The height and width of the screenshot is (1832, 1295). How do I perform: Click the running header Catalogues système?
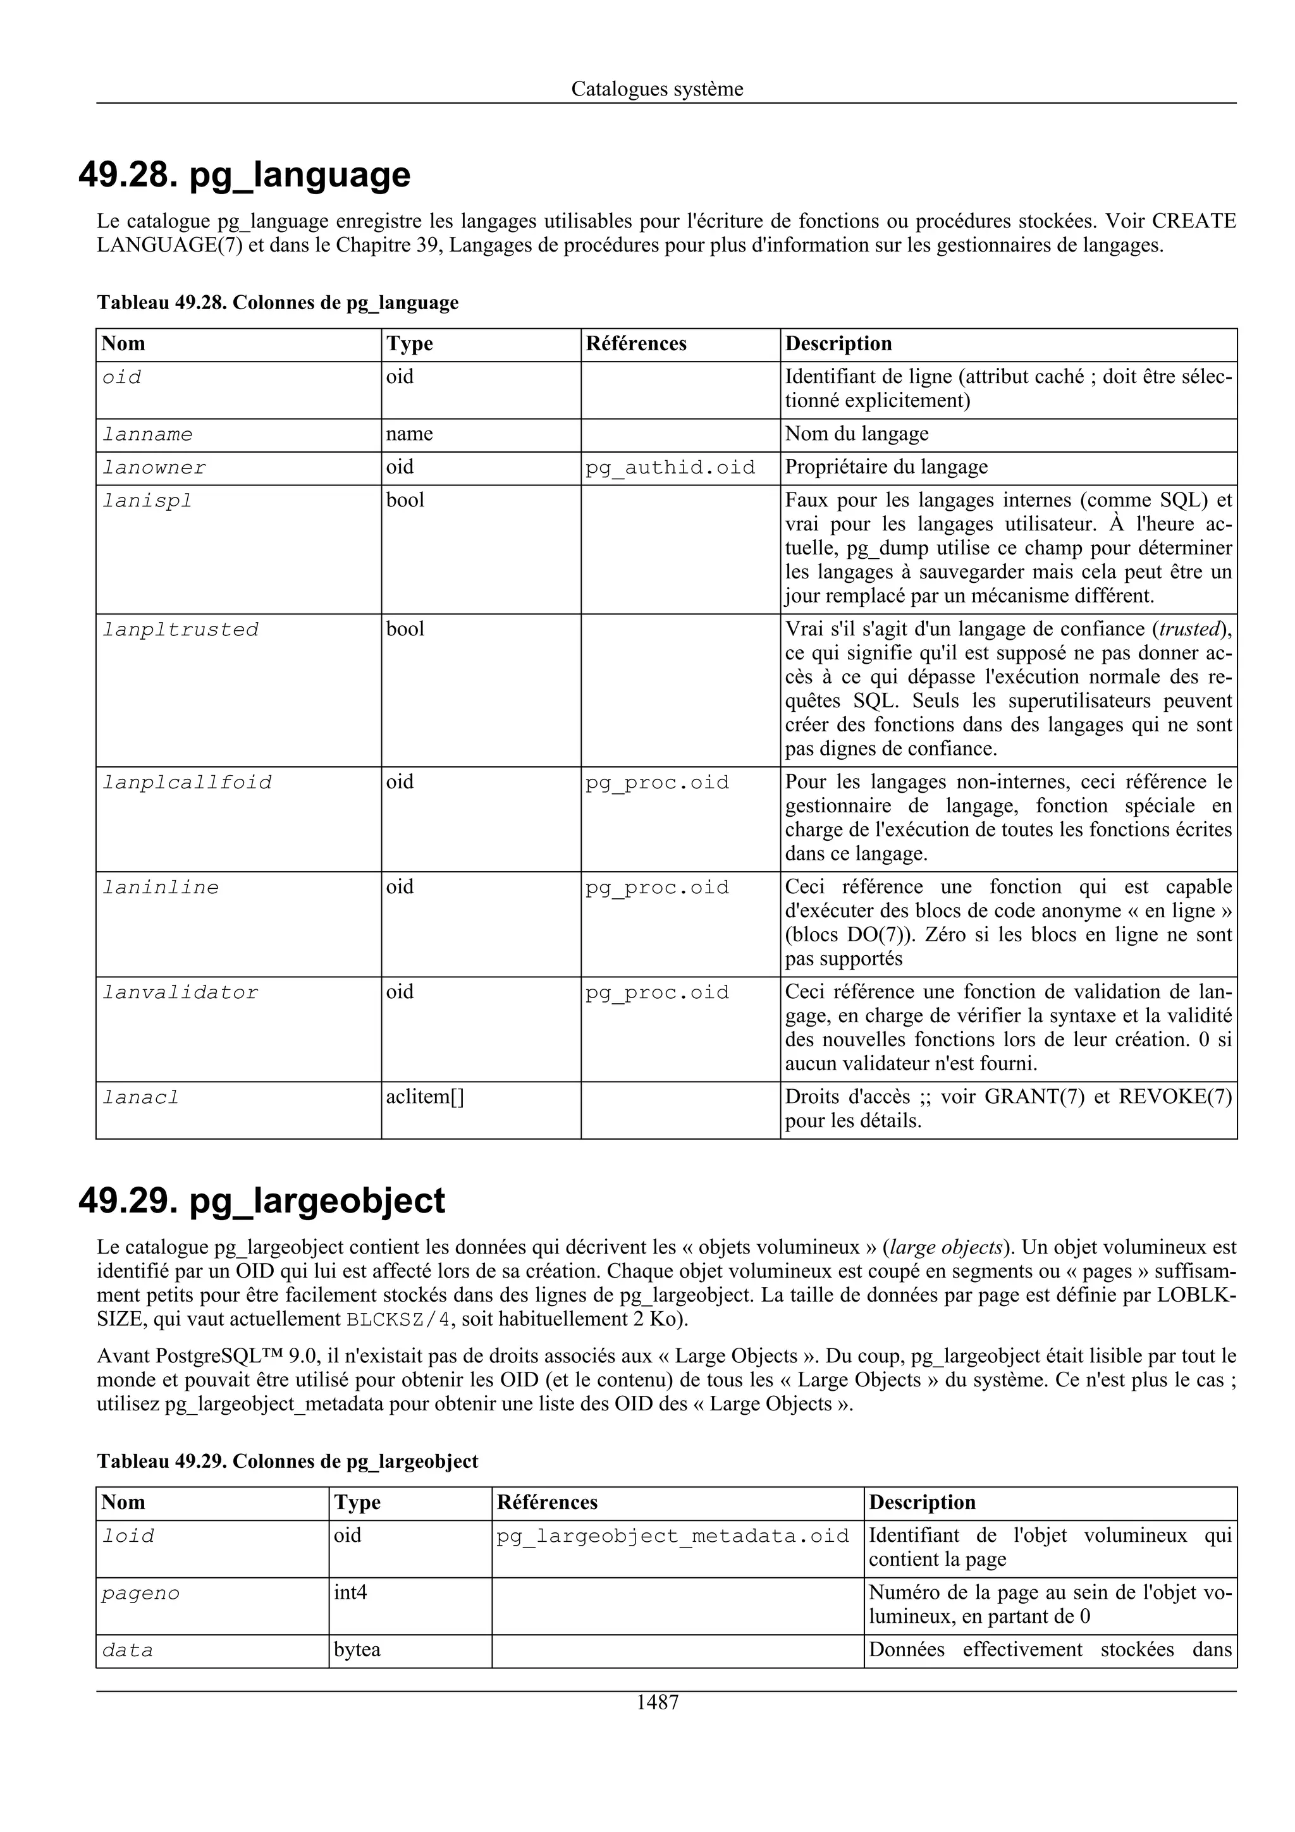pos(657,89)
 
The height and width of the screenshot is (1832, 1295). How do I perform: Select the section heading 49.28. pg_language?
pos(244,174)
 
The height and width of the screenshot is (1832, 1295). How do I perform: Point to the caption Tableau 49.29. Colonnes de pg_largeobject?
pos(287,1461)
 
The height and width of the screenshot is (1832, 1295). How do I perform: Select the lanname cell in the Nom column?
pos(147,435)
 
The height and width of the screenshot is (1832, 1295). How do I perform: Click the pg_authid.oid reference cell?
pos(670,468)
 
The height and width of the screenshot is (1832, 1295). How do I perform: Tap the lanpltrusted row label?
pos(181,630)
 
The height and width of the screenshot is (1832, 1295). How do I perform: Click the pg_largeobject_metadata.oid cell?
pos(673,1536)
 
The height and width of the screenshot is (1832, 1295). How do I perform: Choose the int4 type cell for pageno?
pos(350,1592)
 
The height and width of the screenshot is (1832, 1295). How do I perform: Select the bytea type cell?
pos(357,1649)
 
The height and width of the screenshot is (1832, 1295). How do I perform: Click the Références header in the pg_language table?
pos(636,344)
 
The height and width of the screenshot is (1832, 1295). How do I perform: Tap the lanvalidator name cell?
pos(181,992)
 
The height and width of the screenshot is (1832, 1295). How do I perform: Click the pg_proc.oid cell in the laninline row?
pos(658,888)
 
